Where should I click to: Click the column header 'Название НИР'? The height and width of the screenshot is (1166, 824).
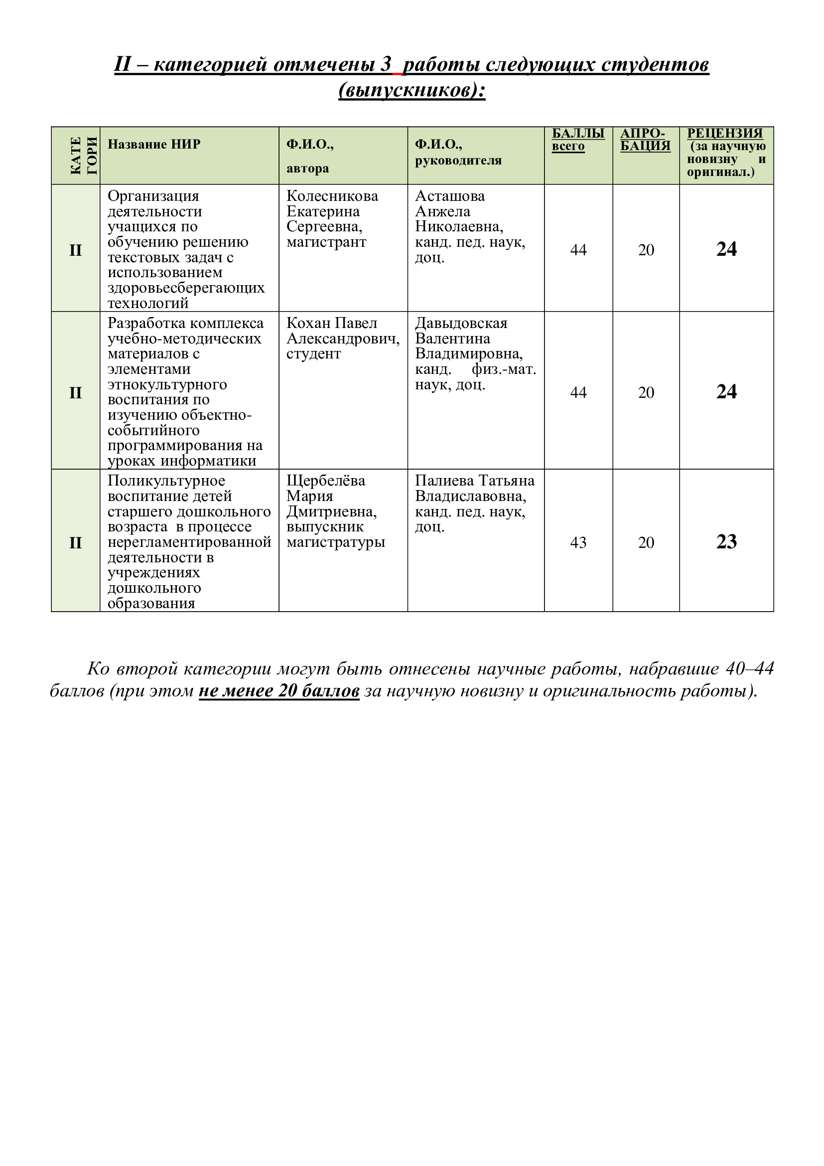point(154,144)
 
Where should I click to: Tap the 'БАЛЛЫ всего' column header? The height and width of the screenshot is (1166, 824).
point(578,140)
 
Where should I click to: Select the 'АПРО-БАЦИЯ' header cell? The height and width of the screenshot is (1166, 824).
point(645,140)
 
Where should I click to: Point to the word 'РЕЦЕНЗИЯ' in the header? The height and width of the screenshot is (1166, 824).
point(724,133)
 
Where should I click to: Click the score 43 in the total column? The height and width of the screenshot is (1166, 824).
point(578,542)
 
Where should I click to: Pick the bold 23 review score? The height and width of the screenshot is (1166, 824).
point(726,542)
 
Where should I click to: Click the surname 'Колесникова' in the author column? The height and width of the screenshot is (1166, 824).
point(332,196)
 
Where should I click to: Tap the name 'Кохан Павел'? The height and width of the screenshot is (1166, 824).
point(331,324)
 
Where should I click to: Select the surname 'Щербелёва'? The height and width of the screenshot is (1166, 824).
point(325,481)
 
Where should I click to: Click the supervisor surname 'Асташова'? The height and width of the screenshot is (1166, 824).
point(449,196)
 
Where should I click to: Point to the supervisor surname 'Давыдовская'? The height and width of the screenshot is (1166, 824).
point(461,324)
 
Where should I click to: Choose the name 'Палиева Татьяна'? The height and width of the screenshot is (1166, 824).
point(474,481)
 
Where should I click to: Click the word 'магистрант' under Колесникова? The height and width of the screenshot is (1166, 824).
point(326,242)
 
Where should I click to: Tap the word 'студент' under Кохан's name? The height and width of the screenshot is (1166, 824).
point(313,354)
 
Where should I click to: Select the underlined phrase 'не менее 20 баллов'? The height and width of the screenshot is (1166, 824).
point(279,691)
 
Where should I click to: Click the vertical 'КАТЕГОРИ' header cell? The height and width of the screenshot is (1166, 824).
point(76,156)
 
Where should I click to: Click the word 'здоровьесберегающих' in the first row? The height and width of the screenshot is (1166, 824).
point(186,288)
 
